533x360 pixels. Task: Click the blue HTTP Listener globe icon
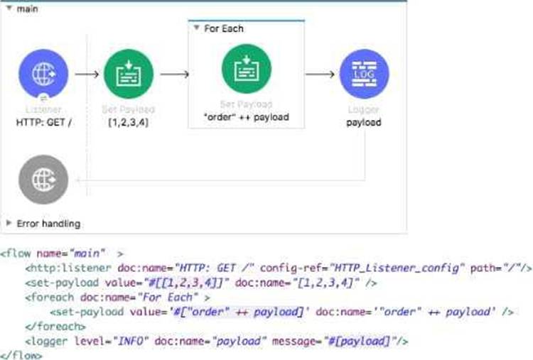click(x=43, y=74)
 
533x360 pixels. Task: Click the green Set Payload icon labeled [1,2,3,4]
click(x=129, y=74)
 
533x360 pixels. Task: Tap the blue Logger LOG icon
click(x=364, y=74)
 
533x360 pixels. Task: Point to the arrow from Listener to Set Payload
click(x=87, y=74)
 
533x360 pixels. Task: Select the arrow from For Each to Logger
click(x=321, y=74)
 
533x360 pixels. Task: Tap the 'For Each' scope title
click(x=222, y=28)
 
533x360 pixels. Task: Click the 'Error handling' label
click(x=48, y=223)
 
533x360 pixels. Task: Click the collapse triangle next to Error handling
click(x=9, y=223)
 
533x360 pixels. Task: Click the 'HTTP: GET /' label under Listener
click(x=43, y=122)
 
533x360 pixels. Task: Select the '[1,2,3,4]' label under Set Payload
click(x=128, y=122)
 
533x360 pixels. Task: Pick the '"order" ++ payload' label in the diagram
click(x=246, y=117)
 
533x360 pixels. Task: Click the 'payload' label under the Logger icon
click(x=364, y=122)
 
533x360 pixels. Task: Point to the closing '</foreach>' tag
click(x=51, y=326)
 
